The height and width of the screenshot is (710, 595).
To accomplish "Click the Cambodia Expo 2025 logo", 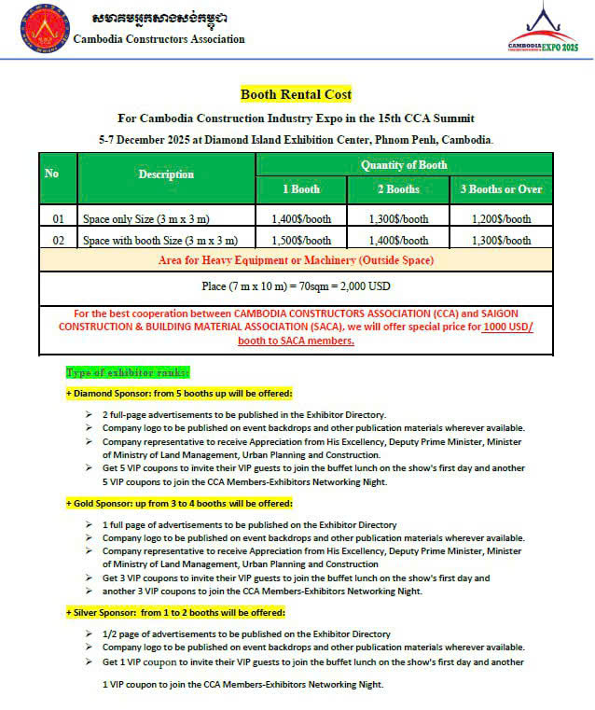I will tap(543, 31).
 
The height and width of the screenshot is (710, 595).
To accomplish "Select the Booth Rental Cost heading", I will tap(296, 94).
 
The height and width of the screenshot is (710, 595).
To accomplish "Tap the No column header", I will tap(52, 174).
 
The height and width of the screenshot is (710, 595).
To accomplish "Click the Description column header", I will tap(166, 174).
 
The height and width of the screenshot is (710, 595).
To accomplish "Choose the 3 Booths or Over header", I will tap(501, 189).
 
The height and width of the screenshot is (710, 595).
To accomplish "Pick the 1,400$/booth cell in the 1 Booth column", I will tap(301, 219).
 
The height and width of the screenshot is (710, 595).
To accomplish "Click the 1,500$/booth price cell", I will tap(301, 240).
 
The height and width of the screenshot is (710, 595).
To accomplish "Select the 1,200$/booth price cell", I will tap(501, 219).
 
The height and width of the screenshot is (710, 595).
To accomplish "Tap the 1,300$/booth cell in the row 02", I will tap(501, 240).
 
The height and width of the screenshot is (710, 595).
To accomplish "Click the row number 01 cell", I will tap(58, 219).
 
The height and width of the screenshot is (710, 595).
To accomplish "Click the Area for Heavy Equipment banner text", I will tap(296, 259).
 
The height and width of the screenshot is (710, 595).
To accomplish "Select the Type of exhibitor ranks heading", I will tap(115, 371).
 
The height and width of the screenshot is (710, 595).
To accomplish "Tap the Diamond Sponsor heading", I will tap(178, 393).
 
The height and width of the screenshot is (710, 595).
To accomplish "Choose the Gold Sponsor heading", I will tap(178, 503).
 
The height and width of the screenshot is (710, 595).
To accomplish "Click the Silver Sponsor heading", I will tap(174, 612).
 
